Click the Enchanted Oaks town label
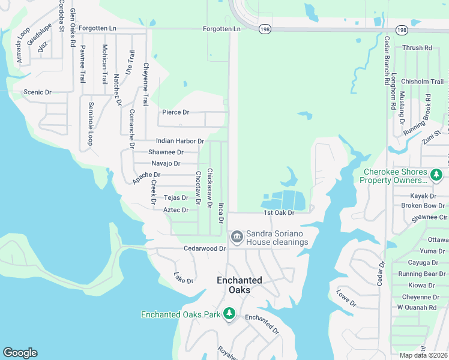pyautogui.click(x=239, y=285)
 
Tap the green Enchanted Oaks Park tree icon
pyautogui.click(x=229, y=313)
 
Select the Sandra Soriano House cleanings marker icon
pyautogui.click(x=237, y=238)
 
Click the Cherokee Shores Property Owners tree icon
pyautogui.click(x=436, y=175)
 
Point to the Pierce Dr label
pyautogui.click(x=176, y=112)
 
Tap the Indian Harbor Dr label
pyautogui.click(x=180, y=141)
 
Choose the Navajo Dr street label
pyautogui.click(x=166, y=163)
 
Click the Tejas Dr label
pyautogui.click(x=176, y=197)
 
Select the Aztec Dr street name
pyautogui.click(x=176, y=210)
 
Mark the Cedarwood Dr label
pyautogui.click(x=205, y=248)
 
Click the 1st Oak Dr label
pyautogui.click(x=279, y=213)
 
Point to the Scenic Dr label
pyautogui.click(x=37, y=92)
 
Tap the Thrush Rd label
pyautogui.click(x=417, y=47)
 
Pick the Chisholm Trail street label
pyautogui.click(x=422, y=82)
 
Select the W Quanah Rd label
pyautogui.click(x=417, y=308)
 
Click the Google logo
pyautogui.click(x=20, y=353)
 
